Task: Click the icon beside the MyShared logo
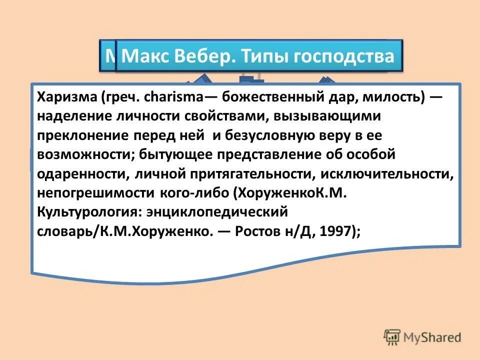392,338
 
